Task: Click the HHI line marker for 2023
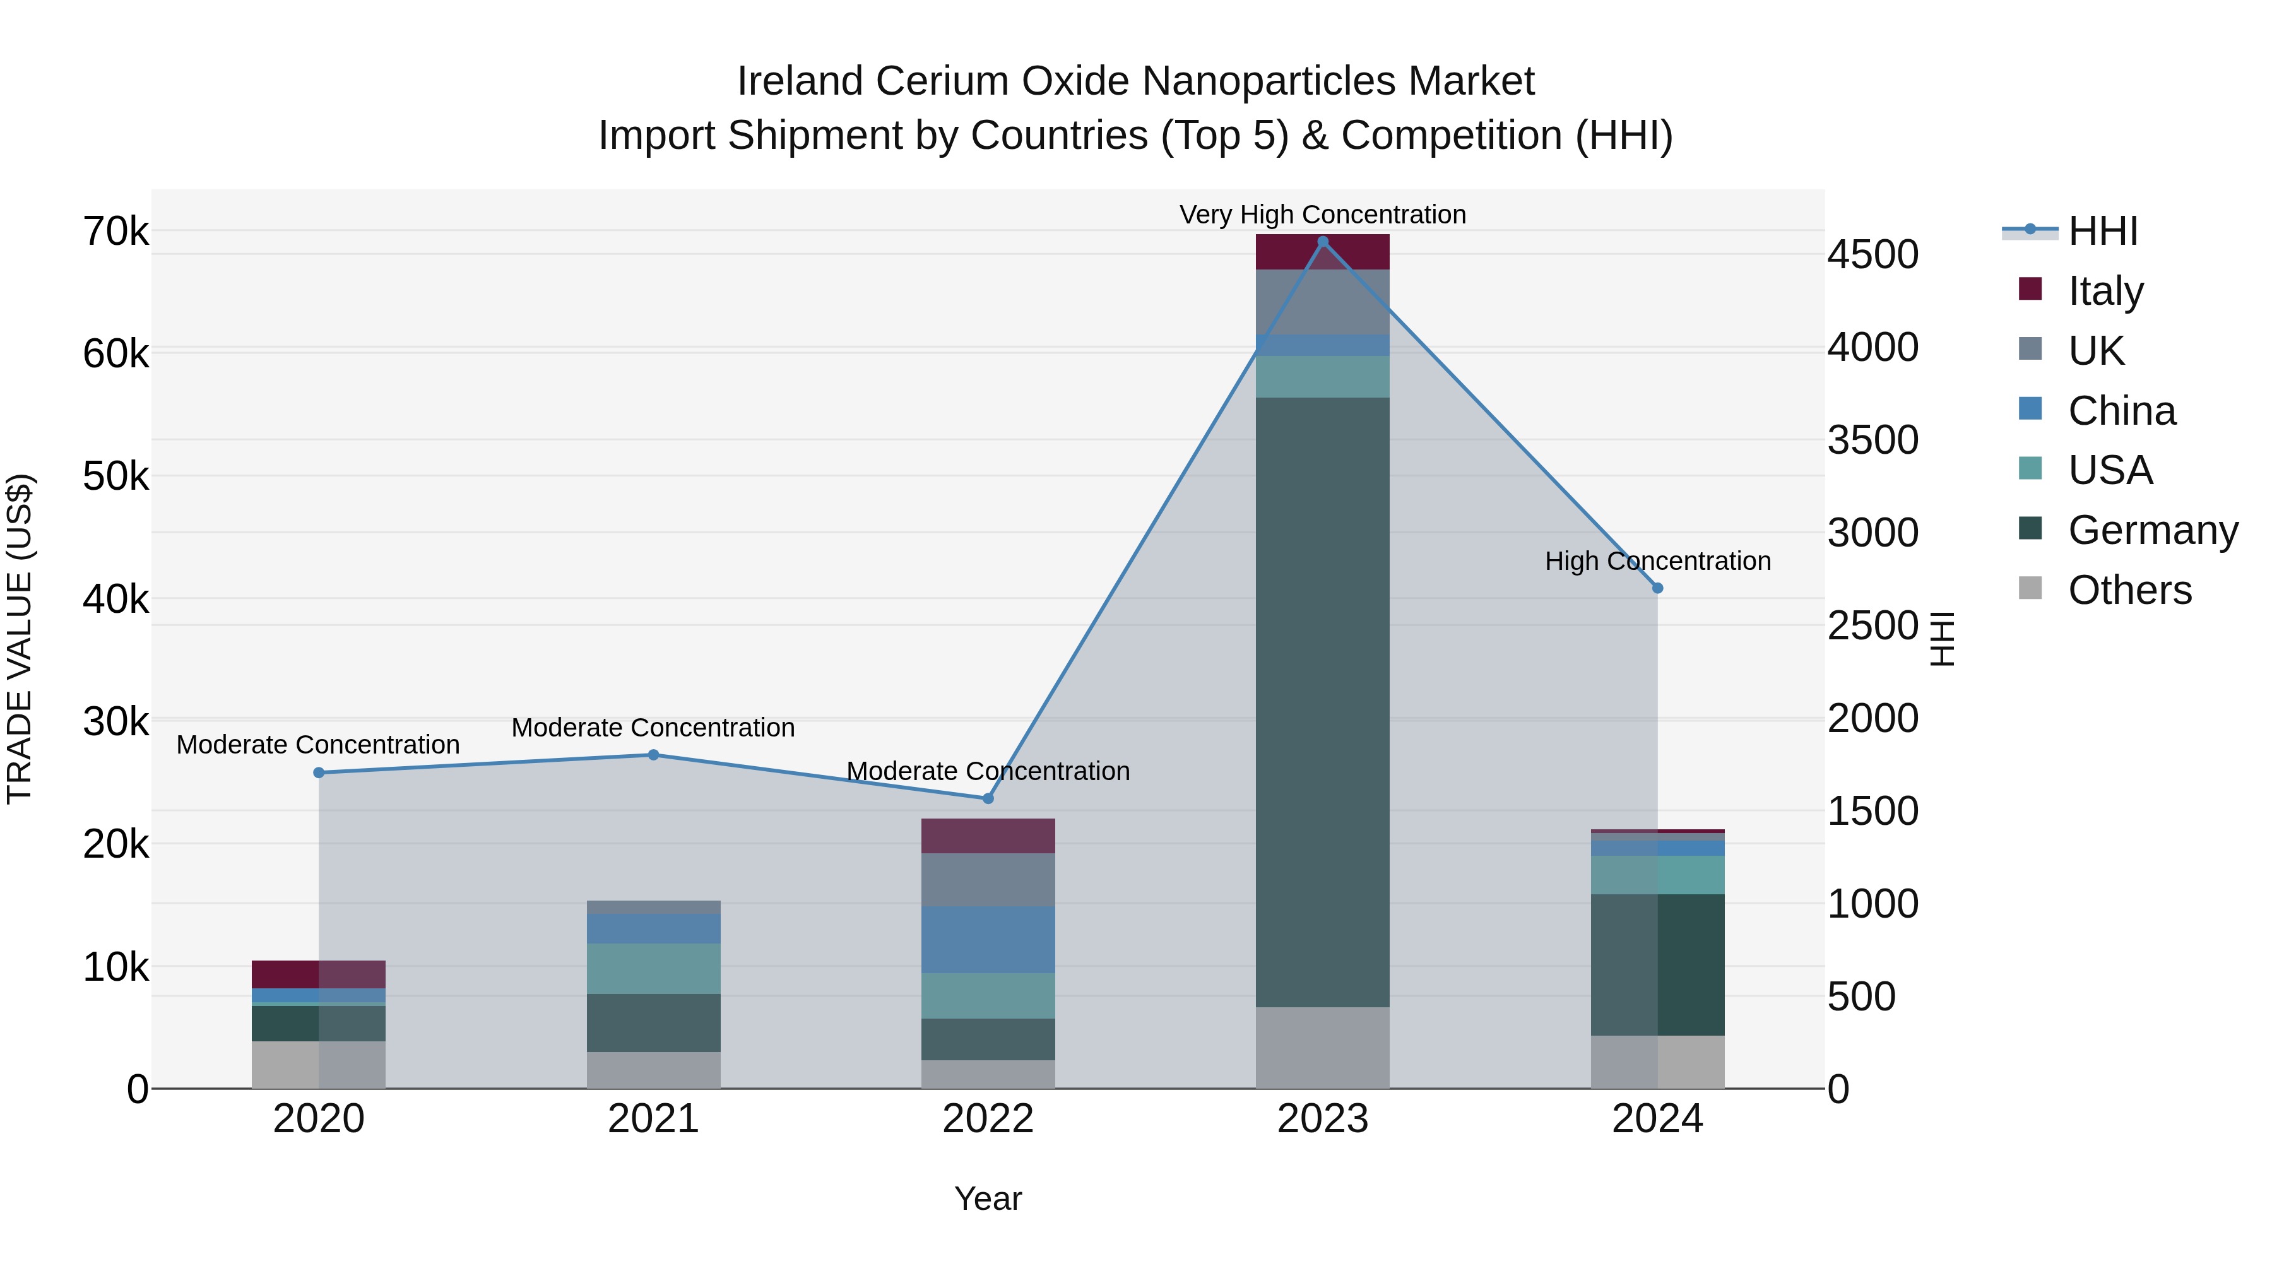tap(1322, 242)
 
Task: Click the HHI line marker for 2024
tap(1657, 588)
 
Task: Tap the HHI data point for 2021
tap(654, 755)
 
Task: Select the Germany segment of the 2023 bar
tap(1322, 701)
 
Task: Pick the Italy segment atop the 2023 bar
tap(1322, 252)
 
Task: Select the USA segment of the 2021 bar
tap(654, 968)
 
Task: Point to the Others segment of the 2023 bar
tap(1322, 1047)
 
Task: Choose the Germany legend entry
tap(2152, 530)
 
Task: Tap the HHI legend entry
tap(2102, 231)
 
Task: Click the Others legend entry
tap(2129, 590)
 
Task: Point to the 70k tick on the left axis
tap(115, 232)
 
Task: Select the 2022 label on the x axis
tap(988, 1118)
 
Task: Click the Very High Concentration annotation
tap(1322, 215)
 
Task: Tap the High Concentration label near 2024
tap(1657, 561)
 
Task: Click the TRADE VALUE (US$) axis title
tap(20, 639)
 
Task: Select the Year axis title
tap(988, 1198)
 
